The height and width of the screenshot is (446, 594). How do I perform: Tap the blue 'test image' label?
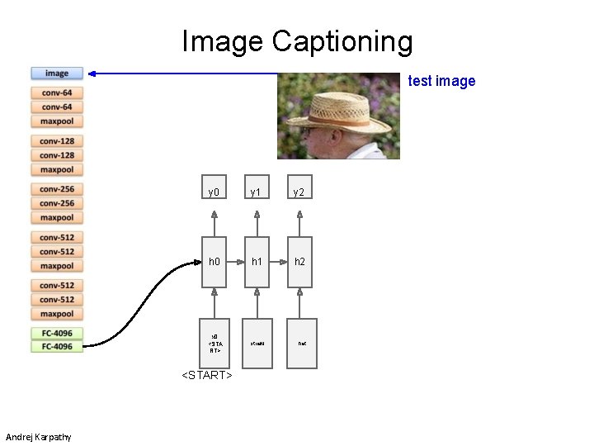point(442,81)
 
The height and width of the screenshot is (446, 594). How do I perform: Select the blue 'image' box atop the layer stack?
point(57,74)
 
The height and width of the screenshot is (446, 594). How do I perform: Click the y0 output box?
point(214,192)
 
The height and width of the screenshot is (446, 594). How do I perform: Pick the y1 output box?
point(257,192)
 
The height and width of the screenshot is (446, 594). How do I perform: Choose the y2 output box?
point(299,192)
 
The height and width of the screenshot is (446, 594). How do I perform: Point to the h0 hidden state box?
point(214,261)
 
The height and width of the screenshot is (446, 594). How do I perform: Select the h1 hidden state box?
point(257,261)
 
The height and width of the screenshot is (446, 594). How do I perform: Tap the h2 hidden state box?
point(299,261)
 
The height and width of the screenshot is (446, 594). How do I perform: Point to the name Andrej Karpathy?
point(38,437)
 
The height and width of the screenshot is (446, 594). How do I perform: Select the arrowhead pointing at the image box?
point(93,74)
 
